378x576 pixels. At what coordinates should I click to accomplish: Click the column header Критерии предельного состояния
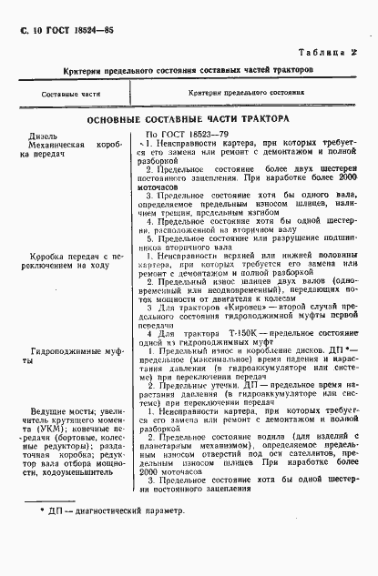tap(247, 94)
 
